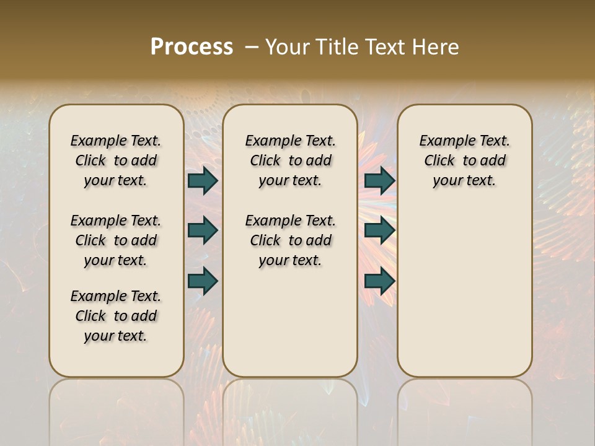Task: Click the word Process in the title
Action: click(x=192, y=47)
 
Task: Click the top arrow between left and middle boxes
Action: click(x=203, y=181)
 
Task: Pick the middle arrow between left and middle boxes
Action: click(x=203, y=230)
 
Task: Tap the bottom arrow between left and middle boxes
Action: click(x=203, y=281)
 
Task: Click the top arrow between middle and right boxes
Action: click(x=379, y=181)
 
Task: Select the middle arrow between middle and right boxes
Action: click(x=379, y=230)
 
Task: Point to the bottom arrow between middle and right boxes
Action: click(x=379, y=281)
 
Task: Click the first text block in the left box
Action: click(x=116, y=160)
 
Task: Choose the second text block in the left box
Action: click(x=116, y=240)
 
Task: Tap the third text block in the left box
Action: click(x=116, y=316)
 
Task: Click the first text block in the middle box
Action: click(x=290, y=160)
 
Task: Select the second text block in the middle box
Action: click(x=290, y=240)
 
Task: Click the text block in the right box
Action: click(x=464, y=160)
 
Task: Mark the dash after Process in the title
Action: click(x=252, y=47)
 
